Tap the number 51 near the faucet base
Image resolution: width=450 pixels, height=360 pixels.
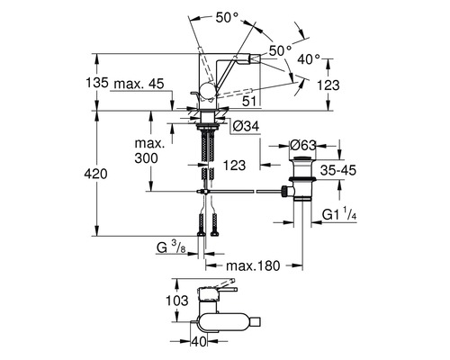pyautogui.click(x=249, y=103)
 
